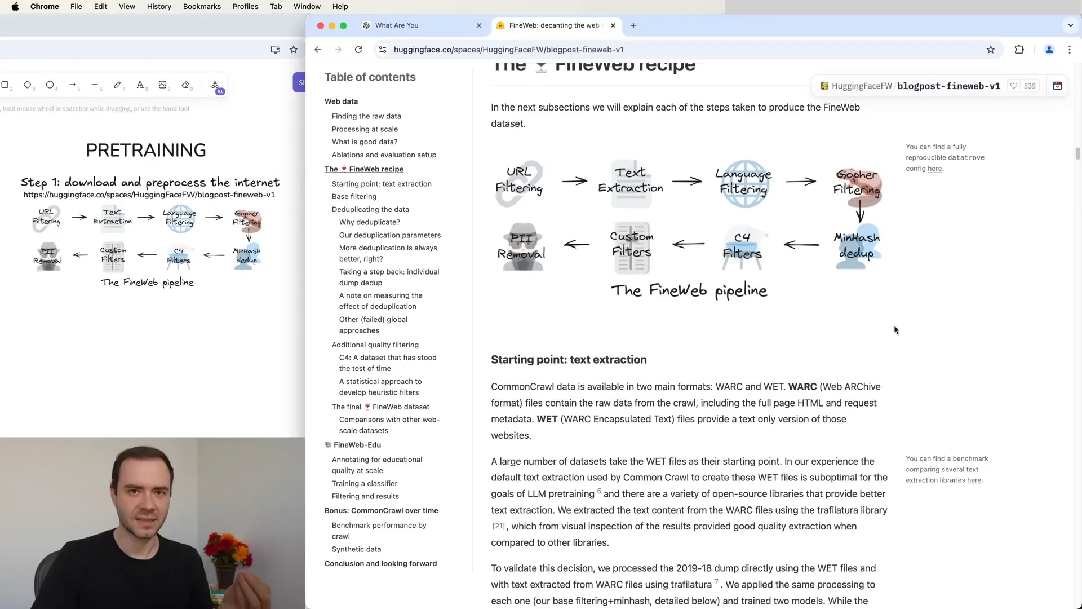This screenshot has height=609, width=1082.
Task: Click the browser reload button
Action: coord(358,50)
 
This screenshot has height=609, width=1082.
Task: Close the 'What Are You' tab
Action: coord(479,25)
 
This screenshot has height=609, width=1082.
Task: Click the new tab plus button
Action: coord(633,25)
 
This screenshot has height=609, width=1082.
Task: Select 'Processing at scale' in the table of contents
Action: coord(365,129)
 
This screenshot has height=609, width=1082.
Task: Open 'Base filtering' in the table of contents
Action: coord(354,196)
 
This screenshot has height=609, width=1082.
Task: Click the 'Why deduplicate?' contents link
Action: coord(370,222)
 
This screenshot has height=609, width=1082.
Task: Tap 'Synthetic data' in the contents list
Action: coord(356,549)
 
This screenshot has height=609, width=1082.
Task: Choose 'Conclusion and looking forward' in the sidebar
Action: coord(380,563)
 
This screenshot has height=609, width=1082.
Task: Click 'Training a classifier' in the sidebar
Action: coord(365,483)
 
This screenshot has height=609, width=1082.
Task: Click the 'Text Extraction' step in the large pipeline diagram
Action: coord(631,181)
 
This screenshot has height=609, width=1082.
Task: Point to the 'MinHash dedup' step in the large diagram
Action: coord(857,245)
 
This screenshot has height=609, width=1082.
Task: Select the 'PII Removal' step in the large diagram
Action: coord(521,246)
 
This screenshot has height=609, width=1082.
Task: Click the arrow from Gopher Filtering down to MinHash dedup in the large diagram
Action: coord(860,212)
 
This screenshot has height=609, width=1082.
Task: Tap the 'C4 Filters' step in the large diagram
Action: coord(742,246)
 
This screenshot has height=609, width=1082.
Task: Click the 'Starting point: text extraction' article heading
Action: coord(569,360)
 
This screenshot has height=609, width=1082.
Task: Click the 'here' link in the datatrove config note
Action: coord(934,169)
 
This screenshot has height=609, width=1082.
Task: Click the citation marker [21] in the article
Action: coord(499,526)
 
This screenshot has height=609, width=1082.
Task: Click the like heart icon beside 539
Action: coord(1014,86)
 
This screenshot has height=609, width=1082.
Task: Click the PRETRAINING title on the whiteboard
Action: coord(146,150)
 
